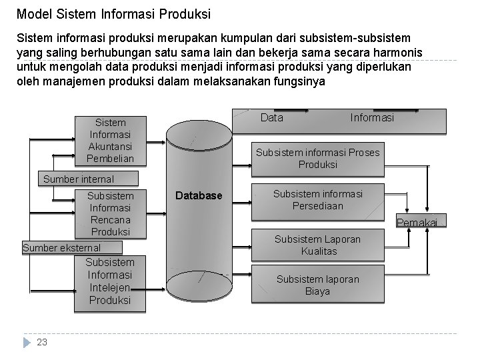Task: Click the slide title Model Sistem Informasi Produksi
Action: pyautogui.click(x=113, y=13)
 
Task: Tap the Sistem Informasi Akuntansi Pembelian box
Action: pyautogui.click(x=110, y=141)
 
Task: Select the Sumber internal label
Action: pyautogui.click(x=78, y=179)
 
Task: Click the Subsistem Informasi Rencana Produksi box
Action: pyautogui.click(x=110, y=214)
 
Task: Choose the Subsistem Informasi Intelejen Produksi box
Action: pyautogui.click(x=110, y=281)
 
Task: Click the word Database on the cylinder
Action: pyautogui.click(x=199, y=196)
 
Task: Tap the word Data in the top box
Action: pyautogui.click(x=271, y=118)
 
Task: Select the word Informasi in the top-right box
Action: pyautogui.click(x=372, y=118)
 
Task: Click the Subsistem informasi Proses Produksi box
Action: pyautogui.click(x=317, y=158)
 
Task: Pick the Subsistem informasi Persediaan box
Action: pyautogui.click(x=317, y=200)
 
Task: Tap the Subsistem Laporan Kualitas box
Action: pyautogui.click(x=317, y=245)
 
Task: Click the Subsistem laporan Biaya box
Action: pyautogui.click(x=317, y=285)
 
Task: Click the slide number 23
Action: pyautogui.click(x=42, y=342)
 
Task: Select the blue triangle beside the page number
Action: pyautogui.click(x=27, y=342)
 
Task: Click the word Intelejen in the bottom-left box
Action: pyautogui.click(x=110, y=287)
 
